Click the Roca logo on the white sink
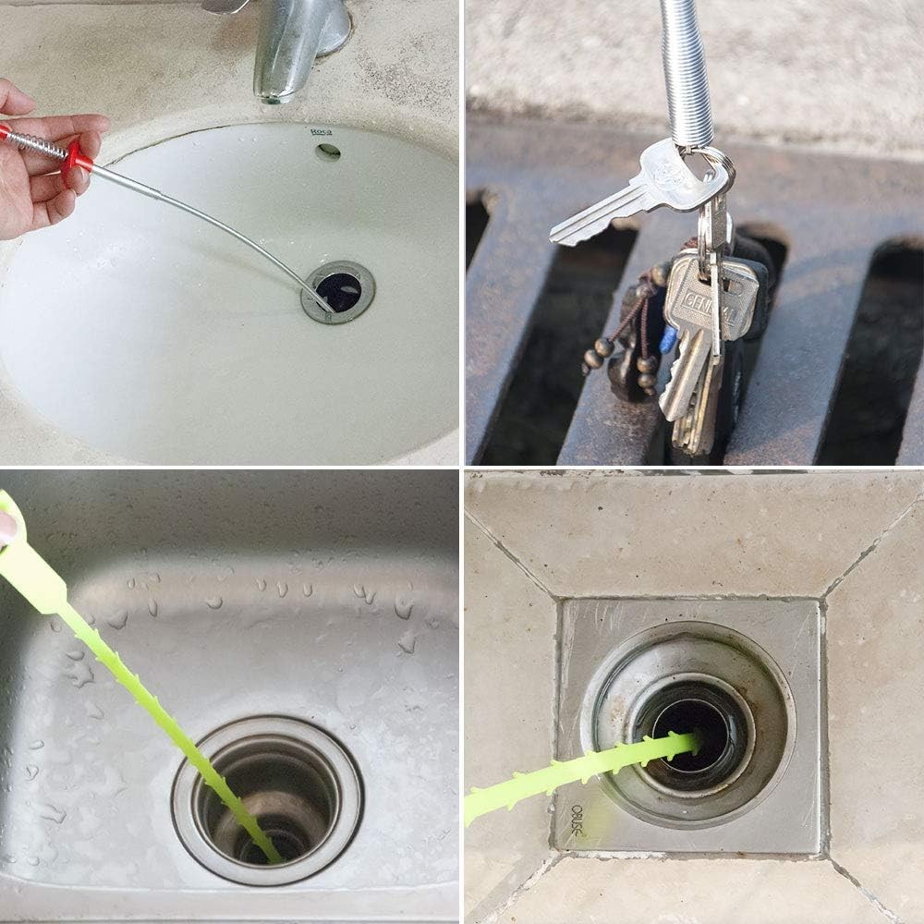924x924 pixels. coord(321,132)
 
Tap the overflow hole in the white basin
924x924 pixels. coord(328,152)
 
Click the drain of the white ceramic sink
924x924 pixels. coord(338,292)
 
